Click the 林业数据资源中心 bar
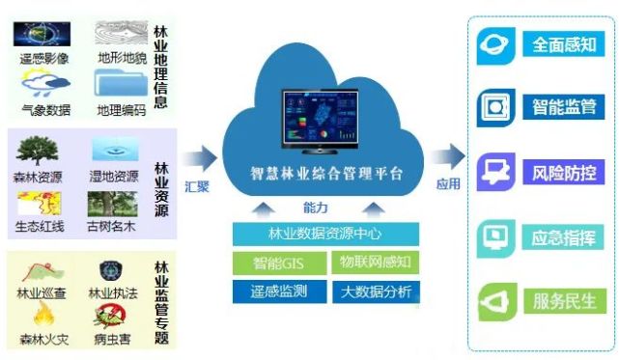pos(326,234)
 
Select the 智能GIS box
pos(279,263)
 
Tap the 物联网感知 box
pos(374,263)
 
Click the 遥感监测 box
pos(279,291)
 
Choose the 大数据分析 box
pos(374,291)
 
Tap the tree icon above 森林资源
pos(38,151)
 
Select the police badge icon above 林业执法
pos(109,271)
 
